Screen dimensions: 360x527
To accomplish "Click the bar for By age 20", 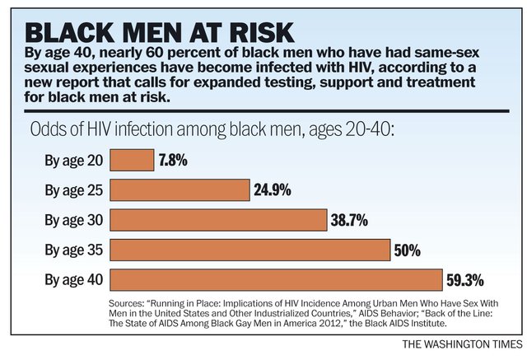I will pos(131,160).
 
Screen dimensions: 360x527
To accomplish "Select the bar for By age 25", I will pos(179,189).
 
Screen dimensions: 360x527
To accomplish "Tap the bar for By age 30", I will pos(218,220).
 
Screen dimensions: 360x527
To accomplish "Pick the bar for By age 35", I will pos(250,250).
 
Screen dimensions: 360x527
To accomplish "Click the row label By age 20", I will pos(73,160).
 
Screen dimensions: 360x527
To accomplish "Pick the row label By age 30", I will pos(73,220).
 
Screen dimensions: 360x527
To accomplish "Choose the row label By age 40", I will pos(73,279).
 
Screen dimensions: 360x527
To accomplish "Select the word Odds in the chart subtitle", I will pos(48,130).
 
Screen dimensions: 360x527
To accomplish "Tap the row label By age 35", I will pos(73,250).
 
